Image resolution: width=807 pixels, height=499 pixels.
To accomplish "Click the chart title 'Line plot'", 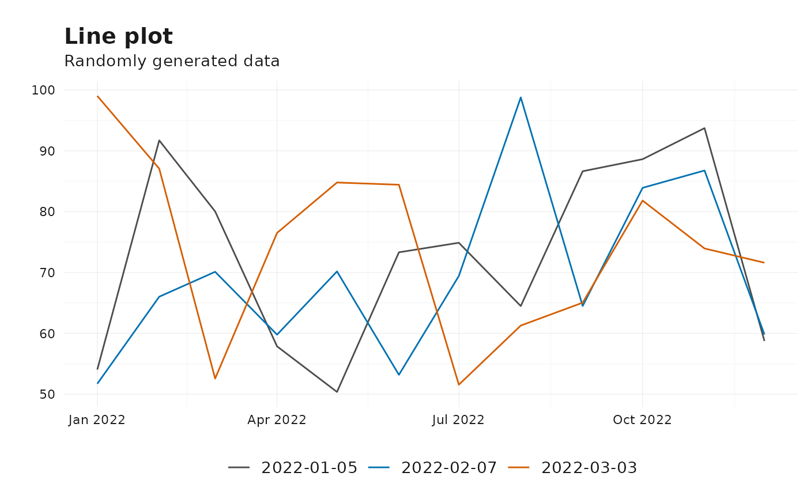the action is [119, 37].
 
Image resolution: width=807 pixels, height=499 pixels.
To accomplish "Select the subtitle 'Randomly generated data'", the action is [172, 61].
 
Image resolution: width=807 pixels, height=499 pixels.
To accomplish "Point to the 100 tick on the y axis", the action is [43, 90].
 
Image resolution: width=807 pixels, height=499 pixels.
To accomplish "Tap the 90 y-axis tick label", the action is [47, 151].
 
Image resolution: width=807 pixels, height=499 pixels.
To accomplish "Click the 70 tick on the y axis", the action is [47, 273].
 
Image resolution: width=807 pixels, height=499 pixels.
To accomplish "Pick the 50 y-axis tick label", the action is [47, 394].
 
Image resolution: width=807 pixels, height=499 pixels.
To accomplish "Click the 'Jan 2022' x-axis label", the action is [97, 420].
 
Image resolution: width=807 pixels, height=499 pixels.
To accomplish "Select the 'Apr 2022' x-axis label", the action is [277, 420].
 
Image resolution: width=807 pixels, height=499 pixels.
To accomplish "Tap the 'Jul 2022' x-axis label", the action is [458, 420].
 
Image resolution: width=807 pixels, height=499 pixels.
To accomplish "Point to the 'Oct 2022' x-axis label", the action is [642, 420].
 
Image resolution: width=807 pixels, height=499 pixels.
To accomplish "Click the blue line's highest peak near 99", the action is [521, 97].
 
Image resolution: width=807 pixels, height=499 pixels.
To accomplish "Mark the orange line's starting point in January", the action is [97, 96].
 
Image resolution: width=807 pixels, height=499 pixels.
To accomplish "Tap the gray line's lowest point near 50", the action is [337, 392].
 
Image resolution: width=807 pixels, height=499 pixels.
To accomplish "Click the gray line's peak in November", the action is [704, 128].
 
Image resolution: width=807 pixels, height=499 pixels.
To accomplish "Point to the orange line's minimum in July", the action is [459, 385].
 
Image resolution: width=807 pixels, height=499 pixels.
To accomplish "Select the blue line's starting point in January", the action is [97, 383].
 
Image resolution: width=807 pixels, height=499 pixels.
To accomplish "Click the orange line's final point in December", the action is [764, 262].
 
